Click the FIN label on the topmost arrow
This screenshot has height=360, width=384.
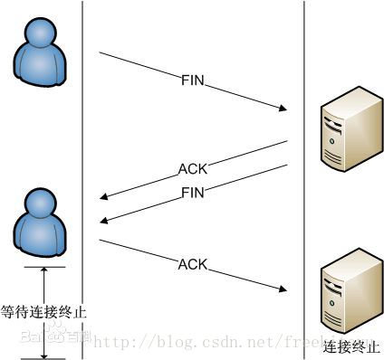click(193, 80)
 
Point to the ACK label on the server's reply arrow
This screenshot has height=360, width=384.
click(192, 169)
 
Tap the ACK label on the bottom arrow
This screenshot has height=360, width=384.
click(192, 264)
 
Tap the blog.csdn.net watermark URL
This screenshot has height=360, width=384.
click(208, 342)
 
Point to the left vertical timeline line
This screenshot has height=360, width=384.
click(82, 136)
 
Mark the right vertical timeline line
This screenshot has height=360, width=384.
click(304, 54)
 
